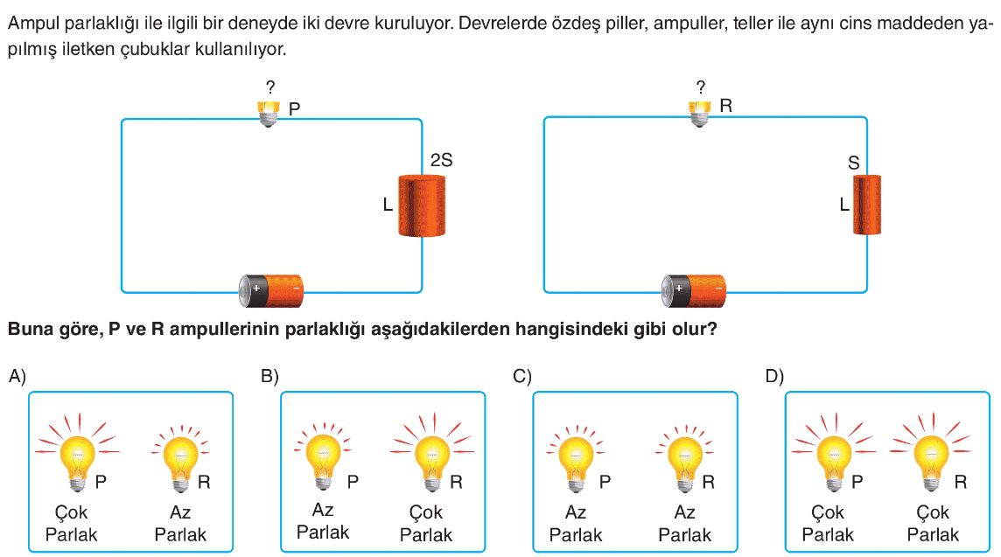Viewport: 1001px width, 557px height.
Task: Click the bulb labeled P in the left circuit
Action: pyautogui.click(x=268, y=112)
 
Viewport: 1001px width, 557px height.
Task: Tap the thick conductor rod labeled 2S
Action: pyautogui.click(x=422, y=205)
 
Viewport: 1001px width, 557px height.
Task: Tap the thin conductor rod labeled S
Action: pyautogui.click(x=867, y=205)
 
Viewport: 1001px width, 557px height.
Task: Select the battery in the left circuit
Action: pyautogui.click(x=272, y=290)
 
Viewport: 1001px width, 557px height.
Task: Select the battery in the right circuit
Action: pyautogui.click(x=695, y=290)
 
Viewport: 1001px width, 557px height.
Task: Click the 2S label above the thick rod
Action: pyautogui.click(x=441, y=160)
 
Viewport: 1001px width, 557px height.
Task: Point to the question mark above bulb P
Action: pyautogui.click(x=270, y=87)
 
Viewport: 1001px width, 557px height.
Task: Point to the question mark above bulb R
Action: pyautogui.click(x=700, y=87)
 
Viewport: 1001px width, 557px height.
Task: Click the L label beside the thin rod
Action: pyautogui.click(x=843, y=205)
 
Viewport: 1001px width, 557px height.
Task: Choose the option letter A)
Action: pyautogui.click(x=17, y=376)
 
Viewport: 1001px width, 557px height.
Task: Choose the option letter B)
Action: pyautogui.click(x=269, y=376)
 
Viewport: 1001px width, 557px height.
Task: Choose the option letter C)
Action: pyautogui.click(x=522, y=376)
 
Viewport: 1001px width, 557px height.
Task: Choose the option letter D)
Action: pyautogui.click(x=774, y=376)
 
